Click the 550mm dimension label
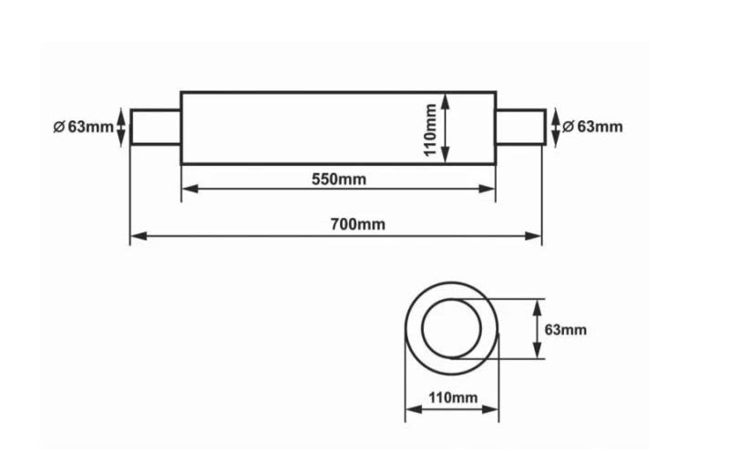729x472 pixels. tap(339, 179)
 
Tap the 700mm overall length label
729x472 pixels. tap(358, 224)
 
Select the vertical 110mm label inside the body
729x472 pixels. tap(430, 129)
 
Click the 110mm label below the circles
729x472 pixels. tap(453, 397)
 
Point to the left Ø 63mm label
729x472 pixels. tap(84, 127)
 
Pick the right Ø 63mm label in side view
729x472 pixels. tap(592, 127)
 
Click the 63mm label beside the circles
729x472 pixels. tap(565, 330)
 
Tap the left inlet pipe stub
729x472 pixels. tap(155, 127)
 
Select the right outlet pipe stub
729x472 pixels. tap(520, 127)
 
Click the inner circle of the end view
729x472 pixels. tap(422, 329)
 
